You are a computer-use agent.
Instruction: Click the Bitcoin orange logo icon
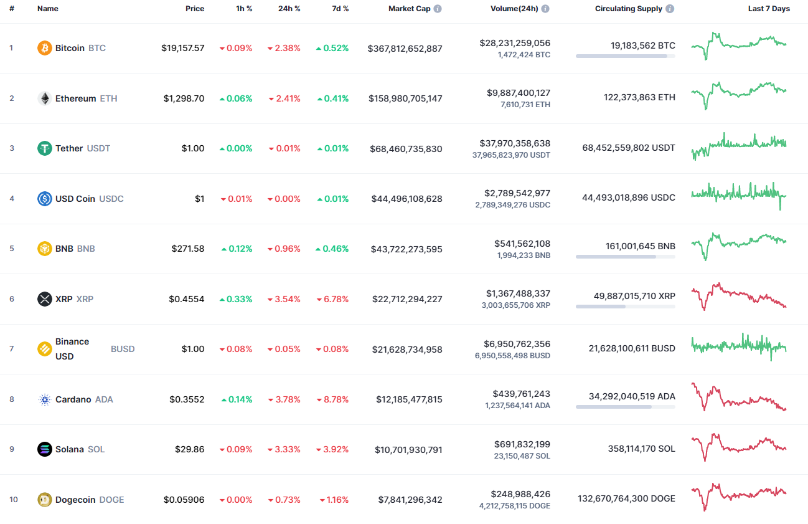(45, 48)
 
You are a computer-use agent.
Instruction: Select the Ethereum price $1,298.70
(184, 98)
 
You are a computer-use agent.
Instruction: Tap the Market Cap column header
(409, 9)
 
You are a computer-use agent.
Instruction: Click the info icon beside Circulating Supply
(670, 9)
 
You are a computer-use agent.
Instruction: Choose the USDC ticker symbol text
(111, 199)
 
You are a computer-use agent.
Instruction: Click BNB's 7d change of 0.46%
(332, 249)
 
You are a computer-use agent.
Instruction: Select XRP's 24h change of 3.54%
(284, 299)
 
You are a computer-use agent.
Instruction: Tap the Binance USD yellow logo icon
(45, 349)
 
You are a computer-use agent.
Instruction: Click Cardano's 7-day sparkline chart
(739, 397)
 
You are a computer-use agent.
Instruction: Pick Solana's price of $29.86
(187, 449)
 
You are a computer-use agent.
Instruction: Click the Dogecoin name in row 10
(76, 500)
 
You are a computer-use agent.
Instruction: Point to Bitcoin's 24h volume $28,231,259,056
(515, 43)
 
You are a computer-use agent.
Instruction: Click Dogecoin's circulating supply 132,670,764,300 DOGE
(626, 498)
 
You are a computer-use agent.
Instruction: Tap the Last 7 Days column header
(769, 9)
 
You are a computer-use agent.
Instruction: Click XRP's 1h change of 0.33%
(236, 299)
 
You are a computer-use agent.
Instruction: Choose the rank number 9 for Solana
(11, 449)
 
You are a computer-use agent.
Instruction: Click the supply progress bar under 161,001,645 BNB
(625, 257)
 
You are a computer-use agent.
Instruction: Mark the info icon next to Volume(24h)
(545, 9)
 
